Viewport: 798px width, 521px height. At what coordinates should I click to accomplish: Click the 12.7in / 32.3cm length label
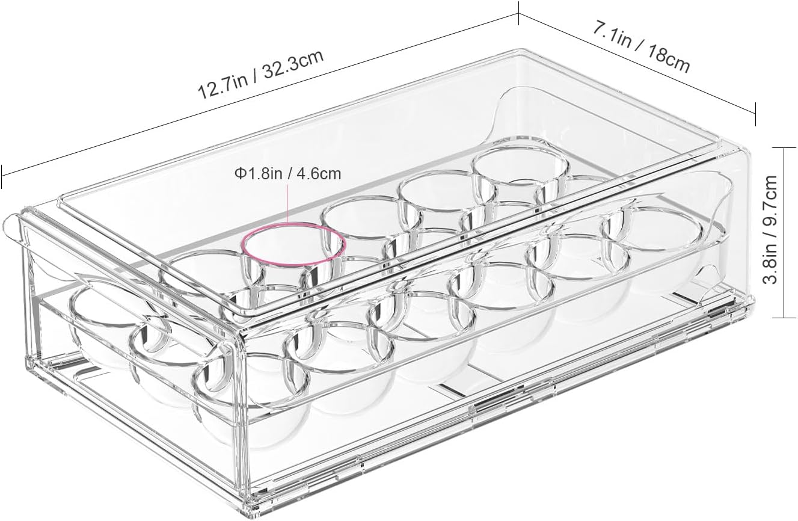[261, 74]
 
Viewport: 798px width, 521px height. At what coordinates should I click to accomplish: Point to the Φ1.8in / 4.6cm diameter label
[287, 174]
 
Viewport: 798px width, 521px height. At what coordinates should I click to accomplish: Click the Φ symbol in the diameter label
[239, 174]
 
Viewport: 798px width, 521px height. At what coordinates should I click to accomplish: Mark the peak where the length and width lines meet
[518, 15]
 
